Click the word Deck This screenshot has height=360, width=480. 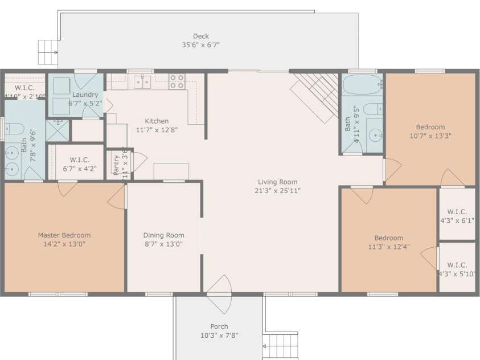(x=200, y=36)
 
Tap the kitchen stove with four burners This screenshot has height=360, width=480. (x=177, y=81)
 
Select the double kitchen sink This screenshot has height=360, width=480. (x=142, y=82)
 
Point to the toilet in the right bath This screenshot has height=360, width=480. (x=372, y=109)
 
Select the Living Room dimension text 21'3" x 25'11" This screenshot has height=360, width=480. (x=277, y=191)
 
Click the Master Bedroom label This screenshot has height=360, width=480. (x=64, y=235)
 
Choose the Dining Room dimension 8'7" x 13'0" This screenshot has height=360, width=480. (x=163, y=244)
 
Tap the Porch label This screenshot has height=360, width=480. (x=219, y=326)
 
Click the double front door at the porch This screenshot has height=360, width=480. (x=219, y=293)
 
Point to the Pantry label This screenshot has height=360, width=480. (x=116, y=165)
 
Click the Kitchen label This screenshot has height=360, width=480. (x=157, y=121)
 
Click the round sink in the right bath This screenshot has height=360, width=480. (x=375, y=135)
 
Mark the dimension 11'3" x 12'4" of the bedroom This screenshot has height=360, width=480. (x=389, y=247)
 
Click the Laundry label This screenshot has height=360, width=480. (x=85, y=95)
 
